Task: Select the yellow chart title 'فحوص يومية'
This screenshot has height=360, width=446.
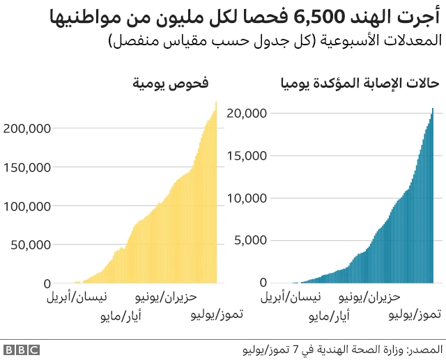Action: (x=171, y=84)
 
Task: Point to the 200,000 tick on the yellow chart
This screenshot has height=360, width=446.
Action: (x=27, y=128)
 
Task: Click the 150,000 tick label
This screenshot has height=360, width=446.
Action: (x=27, y=167)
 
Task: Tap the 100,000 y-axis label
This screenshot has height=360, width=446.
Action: (x=27, y=206)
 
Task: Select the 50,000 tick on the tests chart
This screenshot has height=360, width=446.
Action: (x=30, y=245)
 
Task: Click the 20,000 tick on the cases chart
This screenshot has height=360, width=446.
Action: (x=247, y=113)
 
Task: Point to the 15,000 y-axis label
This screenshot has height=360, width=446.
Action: (x=247, y=155)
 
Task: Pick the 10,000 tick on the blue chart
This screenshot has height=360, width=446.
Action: (x=247, y=198)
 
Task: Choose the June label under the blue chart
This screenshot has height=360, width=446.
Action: (x=369, y=298)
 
